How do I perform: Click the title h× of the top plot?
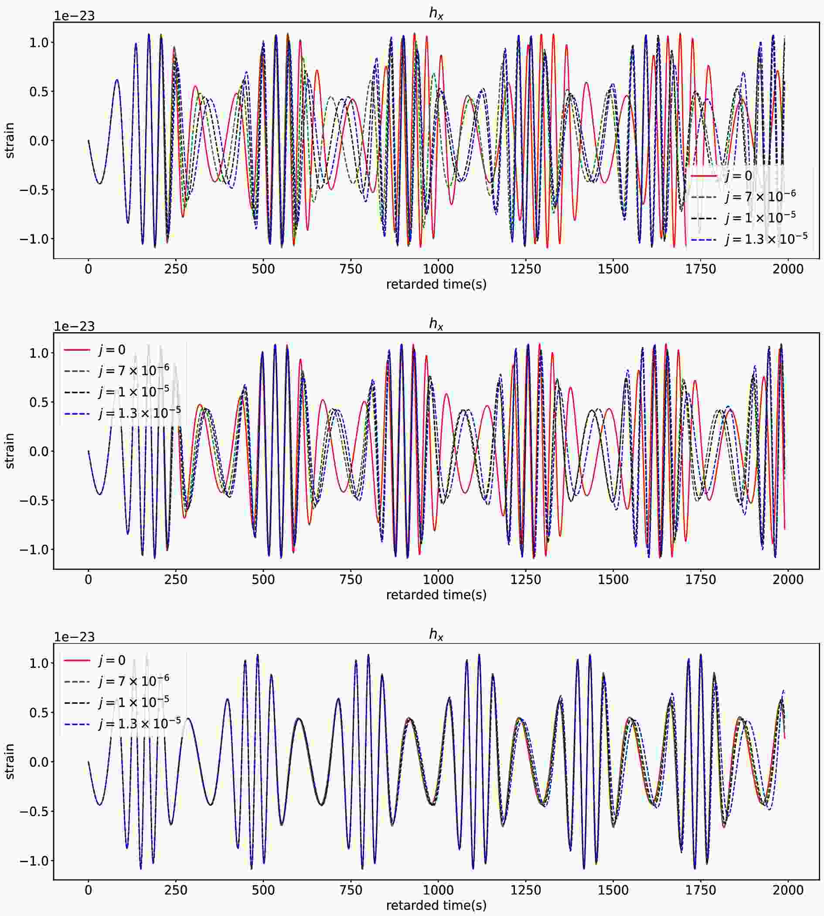436,14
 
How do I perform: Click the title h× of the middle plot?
436,324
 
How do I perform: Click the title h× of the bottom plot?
436,634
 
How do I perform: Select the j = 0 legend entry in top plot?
739,176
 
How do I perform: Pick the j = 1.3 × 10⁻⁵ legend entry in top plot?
766,238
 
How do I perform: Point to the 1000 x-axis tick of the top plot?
438,269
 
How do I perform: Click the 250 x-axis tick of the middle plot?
176,579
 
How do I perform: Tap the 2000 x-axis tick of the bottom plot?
788,890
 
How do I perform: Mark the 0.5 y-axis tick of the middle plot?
39,402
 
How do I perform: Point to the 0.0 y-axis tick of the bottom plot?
39,762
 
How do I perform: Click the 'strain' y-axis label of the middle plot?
10,451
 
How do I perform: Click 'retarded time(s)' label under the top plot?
436,284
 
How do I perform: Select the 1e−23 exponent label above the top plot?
74,16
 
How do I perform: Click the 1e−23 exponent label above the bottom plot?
74,637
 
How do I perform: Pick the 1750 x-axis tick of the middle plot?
700,579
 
